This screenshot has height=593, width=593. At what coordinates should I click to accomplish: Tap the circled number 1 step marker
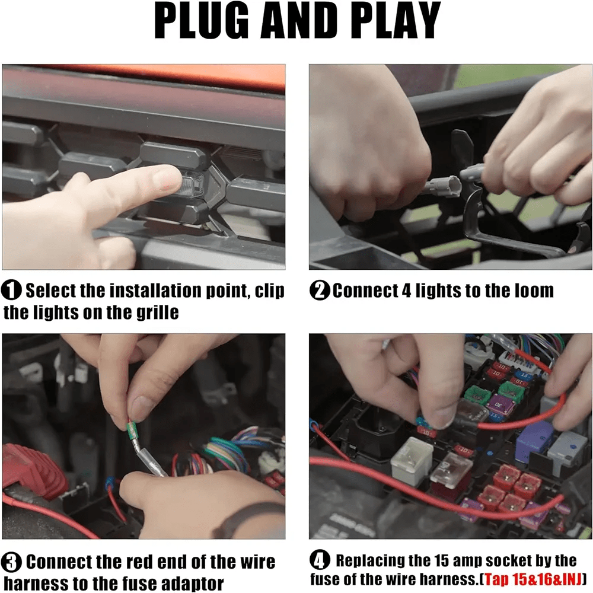coord(11,291)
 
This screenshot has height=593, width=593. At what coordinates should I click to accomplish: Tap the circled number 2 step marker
coord(320,291)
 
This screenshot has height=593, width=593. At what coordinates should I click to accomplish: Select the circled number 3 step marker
coord(11,562)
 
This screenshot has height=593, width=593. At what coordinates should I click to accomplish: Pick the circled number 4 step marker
coord(320,560)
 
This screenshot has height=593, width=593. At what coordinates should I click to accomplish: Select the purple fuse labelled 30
coord(502,406)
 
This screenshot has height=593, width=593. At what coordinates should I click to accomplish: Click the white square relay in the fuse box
coord(411,461)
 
